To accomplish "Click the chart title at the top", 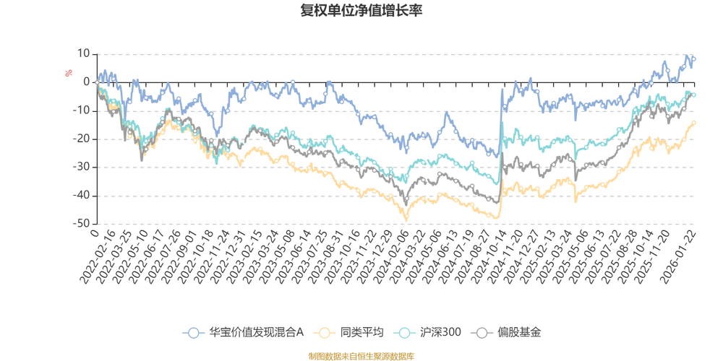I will [361, 11].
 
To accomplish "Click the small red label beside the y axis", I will [68, 72].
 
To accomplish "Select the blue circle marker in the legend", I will [193, 332].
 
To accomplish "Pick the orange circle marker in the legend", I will [325, 332].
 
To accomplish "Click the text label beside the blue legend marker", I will [255, 332].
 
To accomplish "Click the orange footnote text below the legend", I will [361, 355].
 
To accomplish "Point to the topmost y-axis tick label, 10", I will [85, 53].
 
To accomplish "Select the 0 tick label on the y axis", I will [87, 82].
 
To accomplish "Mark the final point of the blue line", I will [695, 58].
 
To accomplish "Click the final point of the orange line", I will [695, 121].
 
